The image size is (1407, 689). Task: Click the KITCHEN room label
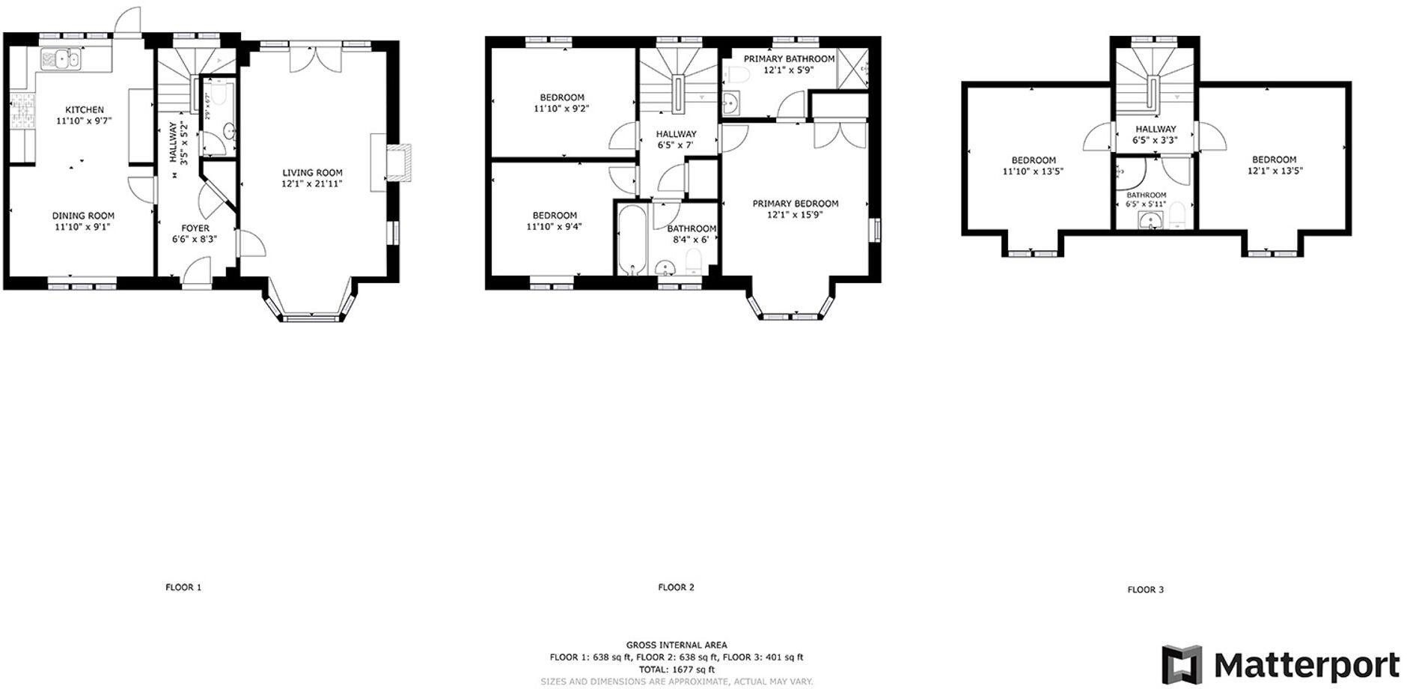pyautogui.click(x=84, y=110)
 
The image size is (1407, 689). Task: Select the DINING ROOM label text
pyautogui.click(x=83, y=216)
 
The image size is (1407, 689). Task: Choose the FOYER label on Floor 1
pyautogui.click(x=195, y=228)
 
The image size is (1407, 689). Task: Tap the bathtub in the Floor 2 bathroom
pyautogui.click(x=632, y=240)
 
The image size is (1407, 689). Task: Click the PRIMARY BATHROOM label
pyautogui.click(x=789, y=59)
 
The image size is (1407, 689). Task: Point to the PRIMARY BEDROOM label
pyautogui.click(x=795, y=204)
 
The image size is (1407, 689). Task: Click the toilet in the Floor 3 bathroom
pyautogui.click(x=1175, y=215)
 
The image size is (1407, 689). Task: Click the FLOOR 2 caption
pyautogui.click(x=676, y=587)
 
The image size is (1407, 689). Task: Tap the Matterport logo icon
pyautogui.click(x=1182, y=664)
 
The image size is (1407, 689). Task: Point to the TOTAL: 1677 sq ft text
pyautogui.click(x=676, y=670)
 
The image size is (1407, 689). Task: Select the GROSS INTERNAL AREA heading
pyautogui.click(x=676, y=645)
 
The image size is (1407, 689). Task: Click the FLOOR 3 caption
pyautogui.click(x=1145, y=589)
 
